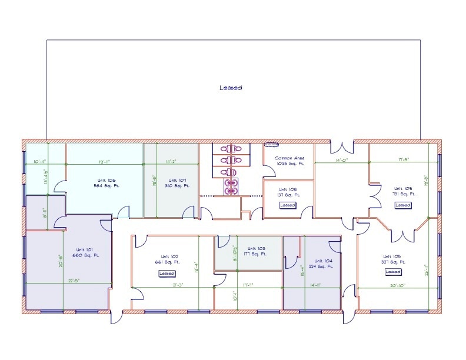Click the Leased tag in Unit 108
click(288, 205)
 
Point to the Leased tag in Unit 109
click(403, 205)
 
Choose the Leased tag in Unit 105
click(392, 272)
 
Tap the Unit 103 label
click(257, 251)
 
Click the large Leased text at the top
click(231, 88)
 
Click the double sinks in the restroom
click(228, 186)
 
